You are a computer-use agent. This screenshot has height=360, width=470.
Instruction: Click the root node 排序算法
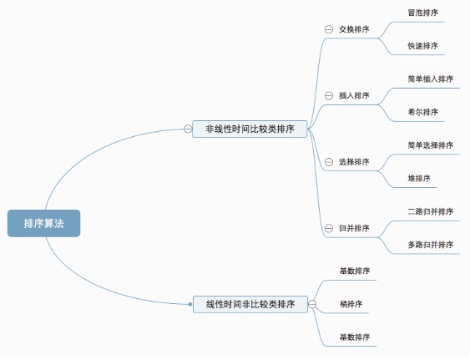(x=43, y=224)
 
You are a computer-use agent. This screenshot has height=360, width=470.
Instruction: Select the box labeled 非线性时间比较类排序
(x=250, y=129)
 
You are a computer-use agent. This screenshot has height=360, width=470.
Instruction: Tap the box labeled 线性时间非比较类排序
(x=250, y=304)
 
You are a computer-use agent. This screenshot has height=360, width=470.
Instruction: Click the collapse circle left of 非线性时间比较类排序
(x=188, y=129)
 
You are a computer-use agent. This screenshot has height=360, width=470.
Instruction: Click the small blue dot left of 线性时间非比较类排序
(x=190, y=304)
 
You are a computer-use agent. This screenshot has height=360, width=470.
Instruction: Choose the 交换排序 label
(x=354, y=29)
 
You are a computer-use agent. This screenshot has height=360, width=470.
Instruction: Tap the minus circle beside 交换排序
(x=329, y=29)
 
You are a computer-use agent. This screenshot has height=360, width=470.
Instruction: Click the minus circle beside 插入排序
(x=329, y=96)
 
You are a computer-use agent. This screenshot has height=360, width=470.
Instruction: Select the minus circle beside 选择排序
(x=329, y=162)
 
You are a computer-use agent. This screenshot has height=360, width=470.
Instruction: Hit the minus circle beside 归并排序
(x=329, y=228)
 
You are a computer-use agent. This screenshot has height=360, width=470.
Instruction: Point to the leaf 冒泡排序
(x=423, y=13)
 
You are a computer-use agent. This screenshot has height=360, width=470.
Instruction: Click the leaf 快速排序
(x=423, y=46)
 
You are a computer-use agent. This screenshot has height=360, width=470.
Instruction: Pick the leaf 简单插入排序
(x=431, y=79)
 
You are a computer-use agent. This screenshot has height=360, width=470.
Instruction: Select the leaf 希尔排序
(x=423, y=112)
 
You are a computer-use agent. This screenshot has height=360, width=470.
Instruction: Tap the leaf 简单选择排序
(x=431, y=145)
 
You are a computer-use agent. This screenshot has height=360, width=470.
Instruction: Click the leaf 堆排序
(x=419, y=179)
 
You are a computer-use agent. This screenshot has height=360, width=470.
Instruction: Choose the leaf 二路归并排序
(x=431, y=212)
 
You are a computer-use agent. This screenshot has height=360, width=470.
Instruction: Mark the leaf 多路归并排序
(x=431, y=245)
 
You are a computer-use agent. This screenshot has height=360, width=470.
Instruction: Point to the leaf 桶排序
(x=351, y=304)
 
